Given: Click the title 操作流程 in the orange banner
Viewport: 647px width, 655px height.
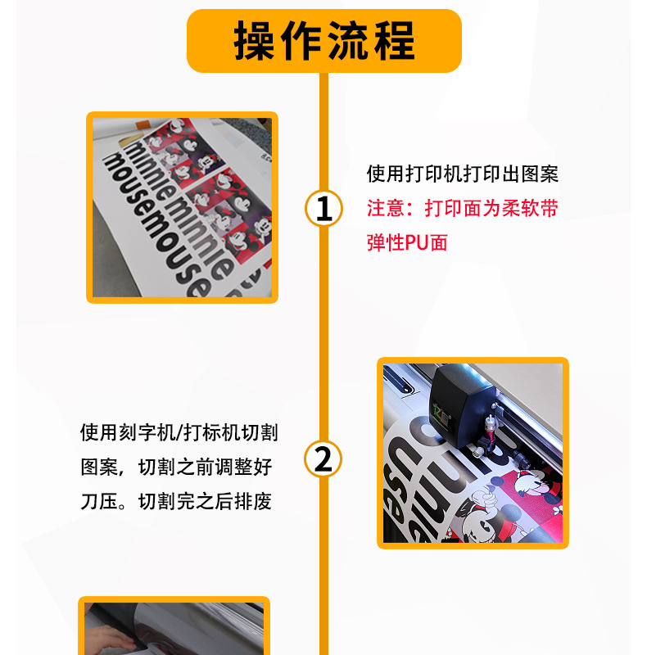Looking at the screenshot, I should [324, 40].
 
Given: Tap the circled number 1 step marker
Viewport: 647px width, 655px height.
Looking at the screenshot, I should [323, 208].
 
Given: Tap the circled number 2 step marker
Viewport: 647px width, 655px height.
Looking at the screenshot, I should [323, 458].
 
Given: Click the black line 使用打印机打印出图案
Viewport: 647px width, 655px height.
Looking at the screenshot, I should [462, 174].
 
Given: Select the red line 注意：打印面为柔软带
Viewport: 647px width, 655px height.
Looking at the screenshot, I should [462, 208].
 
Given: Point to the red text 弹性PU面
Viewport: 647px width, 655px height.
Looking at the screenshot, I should [407, 242].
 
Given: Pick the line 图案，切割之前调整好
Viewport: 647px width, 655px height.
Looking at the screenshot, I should [175, 467].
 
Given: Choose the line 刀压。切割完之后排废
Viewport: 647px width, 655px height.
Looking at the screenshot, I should [175, 501].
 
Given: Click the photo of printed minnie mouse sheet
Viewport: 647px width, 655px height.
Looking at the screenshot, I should [182, 208].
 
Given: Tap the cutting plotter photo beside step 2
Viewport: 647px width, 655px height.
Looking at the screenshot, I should [473, 453].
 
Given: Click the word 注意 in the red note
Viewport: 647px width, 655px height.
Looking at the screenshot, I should [386, 208].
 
